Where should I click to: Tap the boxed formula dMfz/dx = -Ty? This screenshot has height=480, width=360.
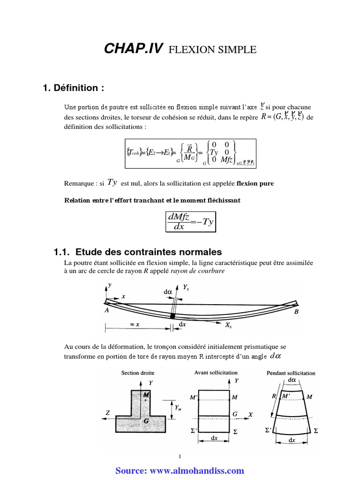190,220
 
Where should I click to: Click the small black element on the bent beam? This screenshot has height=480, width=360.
173,316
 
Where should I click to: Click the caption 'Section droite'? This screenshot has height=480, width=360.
138,373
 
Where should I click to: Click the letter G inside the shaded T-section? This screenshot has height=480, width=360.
147,420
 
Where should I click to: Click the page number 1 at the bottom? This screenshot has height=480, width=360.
180,457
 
